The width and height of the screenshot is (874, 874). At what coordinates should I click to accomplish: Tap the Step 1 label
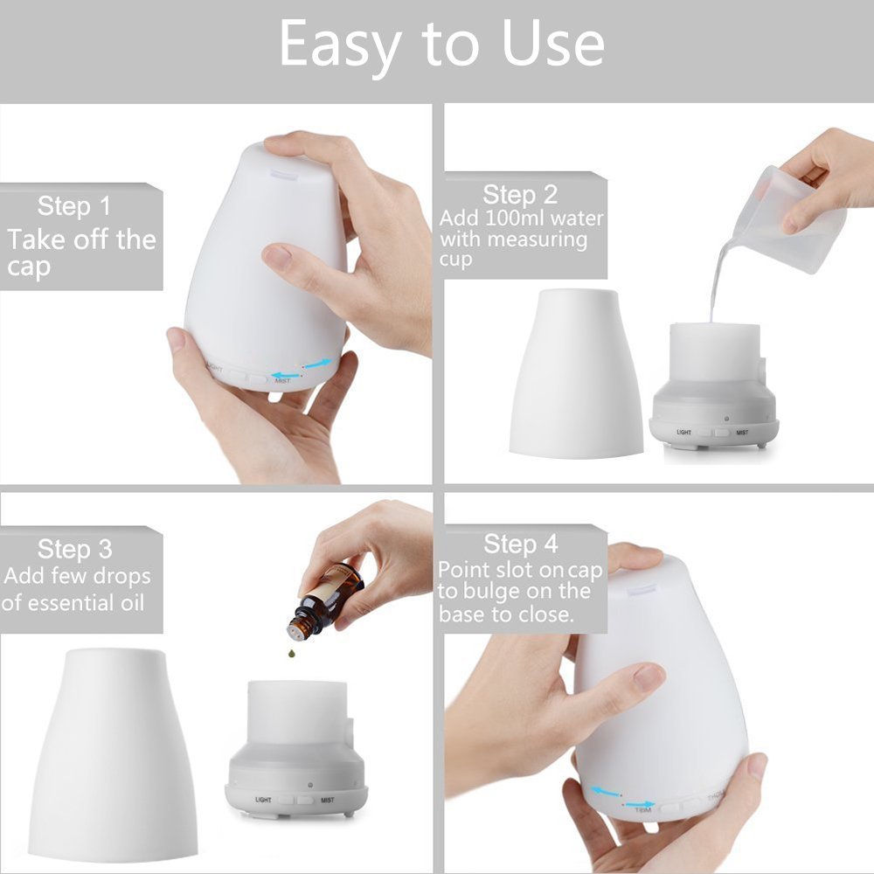tap(74, 207)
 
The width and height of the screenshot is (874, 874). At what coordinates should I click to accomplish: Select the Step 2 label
tap(519, 194)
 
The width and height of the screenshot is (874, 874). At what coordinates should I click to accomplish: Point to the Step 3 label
tap(74, 550)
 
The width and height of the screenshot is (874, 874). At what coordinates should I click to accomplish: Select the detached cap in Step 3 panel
tap(113, 752)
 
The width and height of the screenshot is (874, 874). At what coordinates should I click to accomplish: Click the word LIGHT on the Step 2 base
tap(683, 433)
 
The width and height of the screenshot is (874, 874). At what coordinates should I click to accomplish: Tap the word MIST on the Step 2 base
tap(741, 433)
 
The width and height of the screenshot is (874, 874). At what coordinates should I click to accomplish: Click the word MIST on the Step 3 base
tap(327, 799)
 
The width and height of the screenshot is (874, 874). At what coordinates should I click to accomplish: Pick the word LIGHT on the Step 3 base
tap(263, 799)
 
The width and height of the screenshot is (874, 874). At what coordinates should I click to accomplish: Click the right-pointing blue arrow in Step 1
tap(317, 363)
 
